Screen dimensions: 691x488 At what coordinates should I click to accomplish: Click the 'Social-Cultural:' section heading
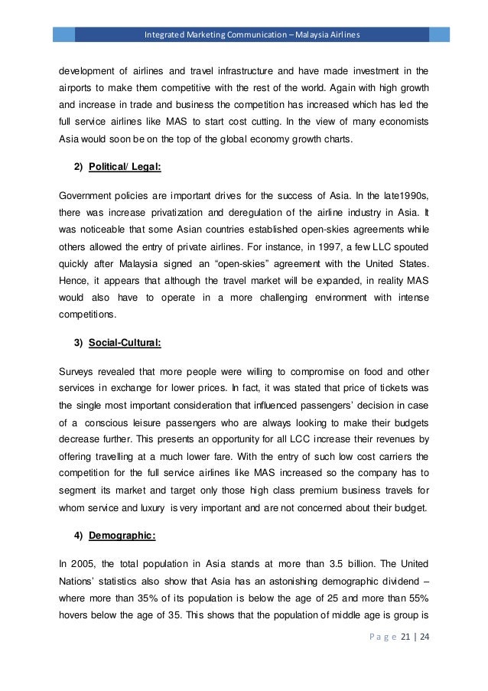click(125, 344)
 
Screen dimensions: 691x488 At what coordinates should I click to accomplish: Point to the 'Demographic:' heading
click(122, 536)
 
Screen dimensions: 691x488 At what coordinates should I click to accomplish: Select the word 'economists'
click(400, 122)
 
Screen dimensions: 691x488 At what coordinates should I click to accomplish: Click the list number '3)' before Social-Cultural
click(78, 344)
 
